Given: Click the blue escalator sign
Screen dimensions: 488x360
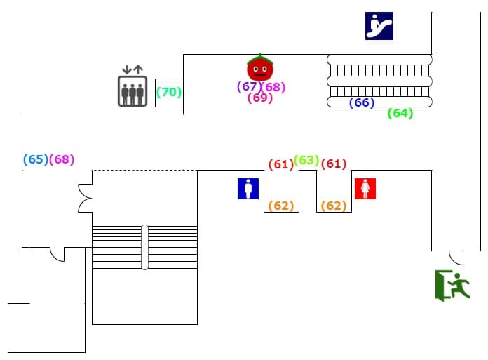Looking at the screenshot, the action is tap(379, 26).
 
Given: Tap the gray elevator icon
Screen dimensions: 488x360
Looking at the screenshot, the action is tap(133, 91).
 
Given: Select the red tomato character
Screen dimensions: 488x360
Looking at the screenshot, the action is tap(260, 67).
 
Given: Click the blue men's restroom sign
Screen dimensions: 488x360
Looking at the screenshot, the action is tap(248, 189).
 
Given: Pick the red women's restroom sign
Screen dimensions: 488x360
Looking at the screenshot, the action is tap(365, 189).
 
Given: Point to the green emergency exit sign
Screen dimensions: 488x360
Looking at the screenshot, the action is tap(452, 286).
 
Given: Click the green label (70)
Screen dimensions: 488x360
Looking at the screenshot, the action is tap(169, 92).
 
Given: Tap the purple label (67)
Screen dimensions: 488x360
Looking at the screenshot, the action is tap(248, 86).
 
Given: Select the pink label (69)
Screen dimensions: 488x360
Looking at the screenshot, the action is tap(260, 98).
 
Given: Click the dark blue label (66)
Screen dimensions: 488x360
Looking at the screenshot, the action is tap(362, 102).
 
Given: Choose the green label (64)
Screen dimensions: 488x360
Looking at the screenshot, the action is tap(400, 113).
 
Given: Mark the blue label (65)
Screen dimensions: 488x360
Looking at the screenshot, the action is tap(36, 159).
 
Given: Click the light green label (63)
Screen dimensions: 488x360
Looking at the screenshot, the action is tap(306, 160).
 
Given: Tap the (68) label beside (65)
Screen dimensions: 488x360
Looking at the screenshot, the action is tap(62, 159).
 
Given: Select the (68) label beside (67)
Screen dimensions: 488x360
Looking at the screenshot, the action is tap(273, 87).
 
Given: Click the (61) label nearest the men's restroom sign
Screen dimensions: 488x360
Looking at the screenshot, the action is tap(281, 164).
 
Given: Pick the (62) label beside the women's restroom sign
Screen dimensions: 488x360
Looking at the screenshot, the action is tap(334, 206).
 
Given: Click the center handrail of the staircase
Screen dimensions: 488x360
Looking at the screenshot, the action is tap(144, 247).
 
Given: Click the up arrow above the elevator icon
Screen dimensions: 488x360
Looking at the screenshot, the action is tap(138, 69).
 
